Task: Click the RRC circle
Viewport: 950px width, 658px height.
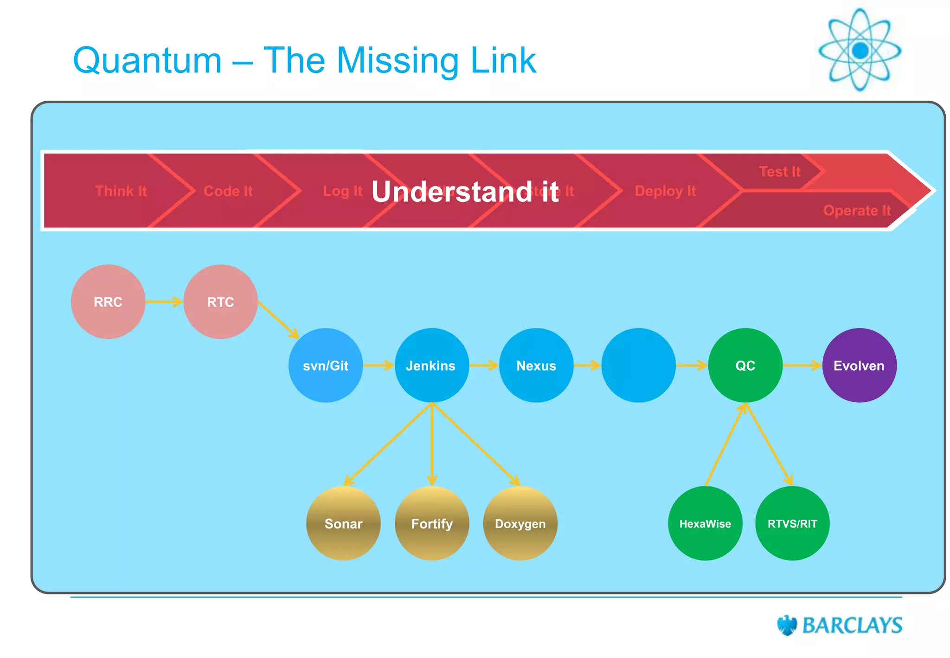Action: click(x=108, y=302)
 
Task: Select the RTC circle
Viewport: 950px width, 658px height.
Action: click(x=220, y=302)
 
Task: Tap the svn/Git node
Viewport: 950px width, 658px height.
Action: click(x=326, y=365)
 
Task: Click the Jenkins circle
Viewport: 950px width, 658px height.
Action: click(x=431, y=365)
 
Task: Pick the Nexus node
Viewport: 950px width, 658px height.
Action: click(x=536, y=365)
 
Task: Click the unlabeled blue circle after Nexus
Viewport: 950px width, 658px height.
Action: click(x=638, y=365)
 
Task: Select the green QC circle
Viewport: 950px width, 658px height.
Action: click(x=745, y=365)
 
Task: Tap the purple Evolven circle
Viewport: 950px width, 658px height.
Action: click(x=859, y=365)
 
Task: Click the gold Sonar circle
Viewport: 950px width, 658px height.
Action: click(x=343, y=523)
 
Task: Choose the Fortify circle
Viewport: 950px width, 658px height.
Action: click(x=432, y=523)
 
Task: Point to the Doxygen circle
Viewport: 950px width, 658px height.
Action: click(x=520, y=523)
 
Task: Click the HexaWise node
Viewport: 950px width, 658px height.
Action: click(x=705, y=523)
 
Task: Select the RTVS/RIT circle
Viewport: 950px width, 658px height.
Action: click(x=792, y=523)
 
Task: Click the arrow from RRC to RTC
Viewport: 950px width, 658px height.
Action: click(x=164, y=302)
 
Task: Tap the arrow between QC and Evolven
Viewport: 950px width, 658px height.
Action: click(x=802, y=366)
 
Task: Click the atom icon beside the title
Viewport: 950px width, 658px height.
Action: click(x=860, y=50)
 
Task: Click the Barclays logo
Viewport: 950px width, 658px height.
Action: click(x=840, y=625)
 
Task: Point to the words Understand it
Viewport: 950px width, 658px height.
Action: click(x=465, y=192)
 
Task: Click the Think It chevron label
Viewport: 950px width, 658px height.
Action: click(x=121, y=191)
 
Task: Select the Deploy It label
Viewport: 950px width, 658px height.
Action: click(x=665, y=191)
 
